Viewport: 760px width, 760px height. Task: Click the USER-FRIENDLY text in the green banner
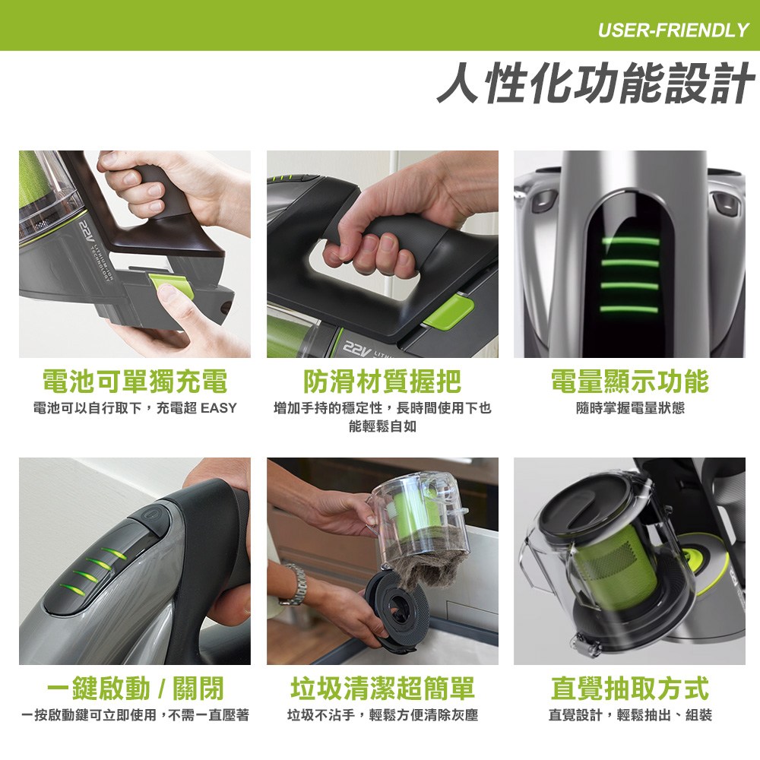[673, 30]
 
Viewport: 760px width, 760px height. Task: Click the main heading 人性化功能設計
[595, 83]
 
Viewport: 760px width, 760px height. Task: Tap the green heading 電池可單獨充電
[135, 381]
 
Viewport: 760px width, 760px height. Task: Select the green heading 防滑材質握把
[382, 381]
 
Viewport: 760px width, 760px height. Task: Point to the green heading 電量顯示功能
[629, 381]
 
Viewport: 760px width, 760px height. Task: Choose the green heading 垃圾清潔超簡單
[382, 688]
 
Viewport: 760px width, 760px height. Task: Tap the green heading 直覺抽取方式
[629, 688]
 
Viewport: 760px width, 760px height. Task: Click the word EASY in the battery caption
[219, 408]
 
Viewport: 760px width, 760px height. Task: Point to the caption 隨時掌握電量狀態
[630, 408]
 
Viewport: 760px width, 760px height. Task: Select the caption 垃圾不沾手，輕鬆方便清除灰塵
[382, 715]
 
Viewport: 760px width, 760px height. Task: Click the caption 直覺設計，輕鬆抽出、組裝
[630, 715]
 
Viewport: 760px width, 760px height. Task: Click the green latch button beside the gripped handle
[448, 310]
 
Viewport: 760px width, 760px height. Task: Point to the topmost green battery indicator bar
[630, 242]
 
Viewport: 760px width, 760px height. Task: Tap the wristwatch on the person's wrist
[294, 584]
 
